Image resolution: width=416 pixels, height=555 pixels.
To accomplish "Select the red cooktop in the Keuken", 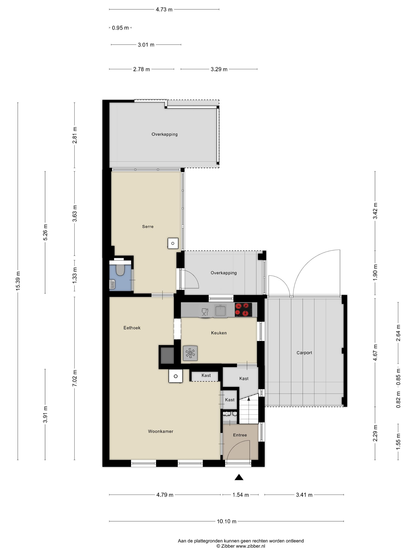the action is tap(243, 309).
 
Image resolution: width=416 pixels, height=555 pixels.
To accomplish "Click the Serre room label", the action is tap(148, 227).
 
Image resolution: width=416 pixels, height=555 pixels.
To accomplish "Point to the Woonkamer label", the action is tap(160, 431).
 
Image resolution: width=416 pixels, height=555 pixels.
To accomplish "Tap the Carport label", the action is tap(304, 353).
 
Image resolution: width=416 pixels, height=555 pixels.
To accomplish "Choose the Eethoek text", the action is tap(132, 328).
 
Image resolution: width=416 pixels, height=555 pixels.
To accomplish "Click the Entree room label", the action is tap(240, 435).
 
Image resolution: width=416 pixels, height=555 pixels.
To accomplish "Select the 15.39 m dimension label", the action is tap(18, 281).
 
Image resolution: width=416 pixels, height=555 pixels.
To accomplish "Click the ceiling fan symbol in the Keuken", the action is tap(190, 353).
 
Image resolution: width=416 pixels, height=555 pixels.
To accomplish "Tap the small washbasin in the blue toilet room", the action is tap(112, 284).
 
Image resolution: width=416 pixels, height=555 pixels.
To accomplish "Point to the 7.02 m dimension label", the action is tap(75, 378).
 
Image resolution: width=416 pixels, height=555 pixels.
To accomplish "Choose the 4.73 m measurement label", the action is tap(164, 10).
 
